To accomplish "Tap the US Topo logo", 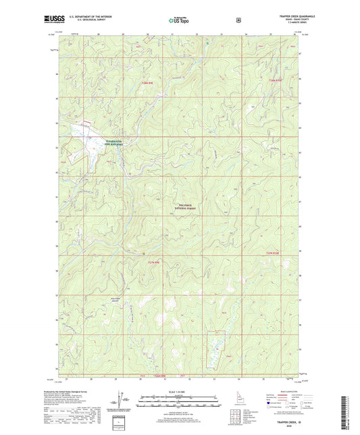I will (x=178, y=21).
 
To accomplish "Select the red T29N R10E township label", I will (x=271, y=81).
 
